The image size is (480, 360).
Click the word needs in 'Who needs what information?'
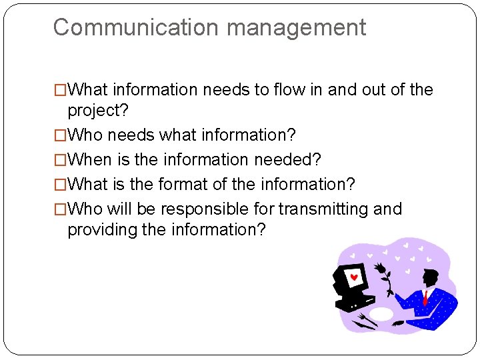click(131, 135)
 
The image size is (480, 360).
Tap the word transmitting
click(323, 209)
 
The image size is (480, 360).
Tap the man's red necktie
click(425, 297)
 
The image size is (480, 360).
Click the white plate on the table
click(381, 314)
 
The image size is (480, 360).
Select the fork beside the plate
click(363, 319)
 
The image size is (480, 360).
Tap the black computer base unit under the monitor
click(353, 303)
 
